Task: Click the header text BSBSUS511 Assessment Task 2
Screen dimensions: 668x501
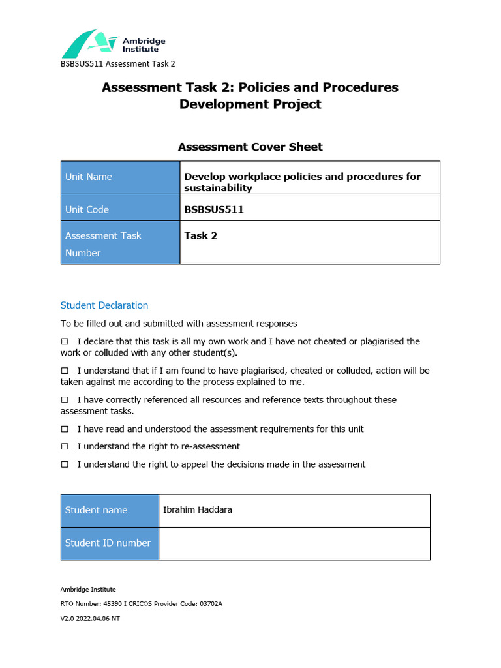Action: (118, 64)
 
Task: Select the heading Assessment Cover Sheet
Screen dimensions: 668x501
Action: (250, 147)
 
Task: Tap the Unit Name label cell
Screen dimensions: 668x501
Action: (120, 177)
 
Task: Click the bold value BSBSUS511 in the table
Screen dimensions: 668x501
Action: (215, 209)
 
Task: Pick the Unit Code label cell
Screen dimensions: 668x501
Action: (120, 209)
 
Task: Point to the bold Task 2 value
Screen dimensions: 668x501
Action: (201, 235)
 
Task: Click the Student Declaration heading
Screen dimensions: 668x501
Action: (104, 305)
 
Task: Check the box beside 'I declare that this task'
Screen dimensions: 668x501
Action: (65, 342)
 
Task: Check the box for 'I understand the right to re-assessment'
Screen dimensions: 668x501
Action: (65, 447)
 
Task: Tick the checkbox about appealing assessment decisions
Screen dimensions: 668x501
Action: (65, 464)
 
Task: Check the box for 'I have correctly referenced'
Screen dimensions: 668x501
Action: (65, 400)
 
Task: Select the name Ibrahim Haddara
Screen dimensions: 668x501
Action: (197, 509)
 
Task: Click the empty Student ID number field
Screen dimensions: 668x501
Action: (294, 543)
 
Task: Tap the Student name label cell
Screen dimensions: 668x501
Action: (110, 510)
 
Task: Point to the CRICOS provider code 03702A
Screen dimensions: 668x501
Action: (209, 604)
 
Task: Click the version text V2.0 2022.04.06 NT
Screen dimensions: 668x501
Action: (90, 618)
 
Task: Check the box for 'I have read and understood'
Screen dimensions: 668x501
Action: (65, 429)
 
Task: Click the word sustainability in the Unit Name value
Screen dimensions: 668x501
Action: (218, 188)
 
